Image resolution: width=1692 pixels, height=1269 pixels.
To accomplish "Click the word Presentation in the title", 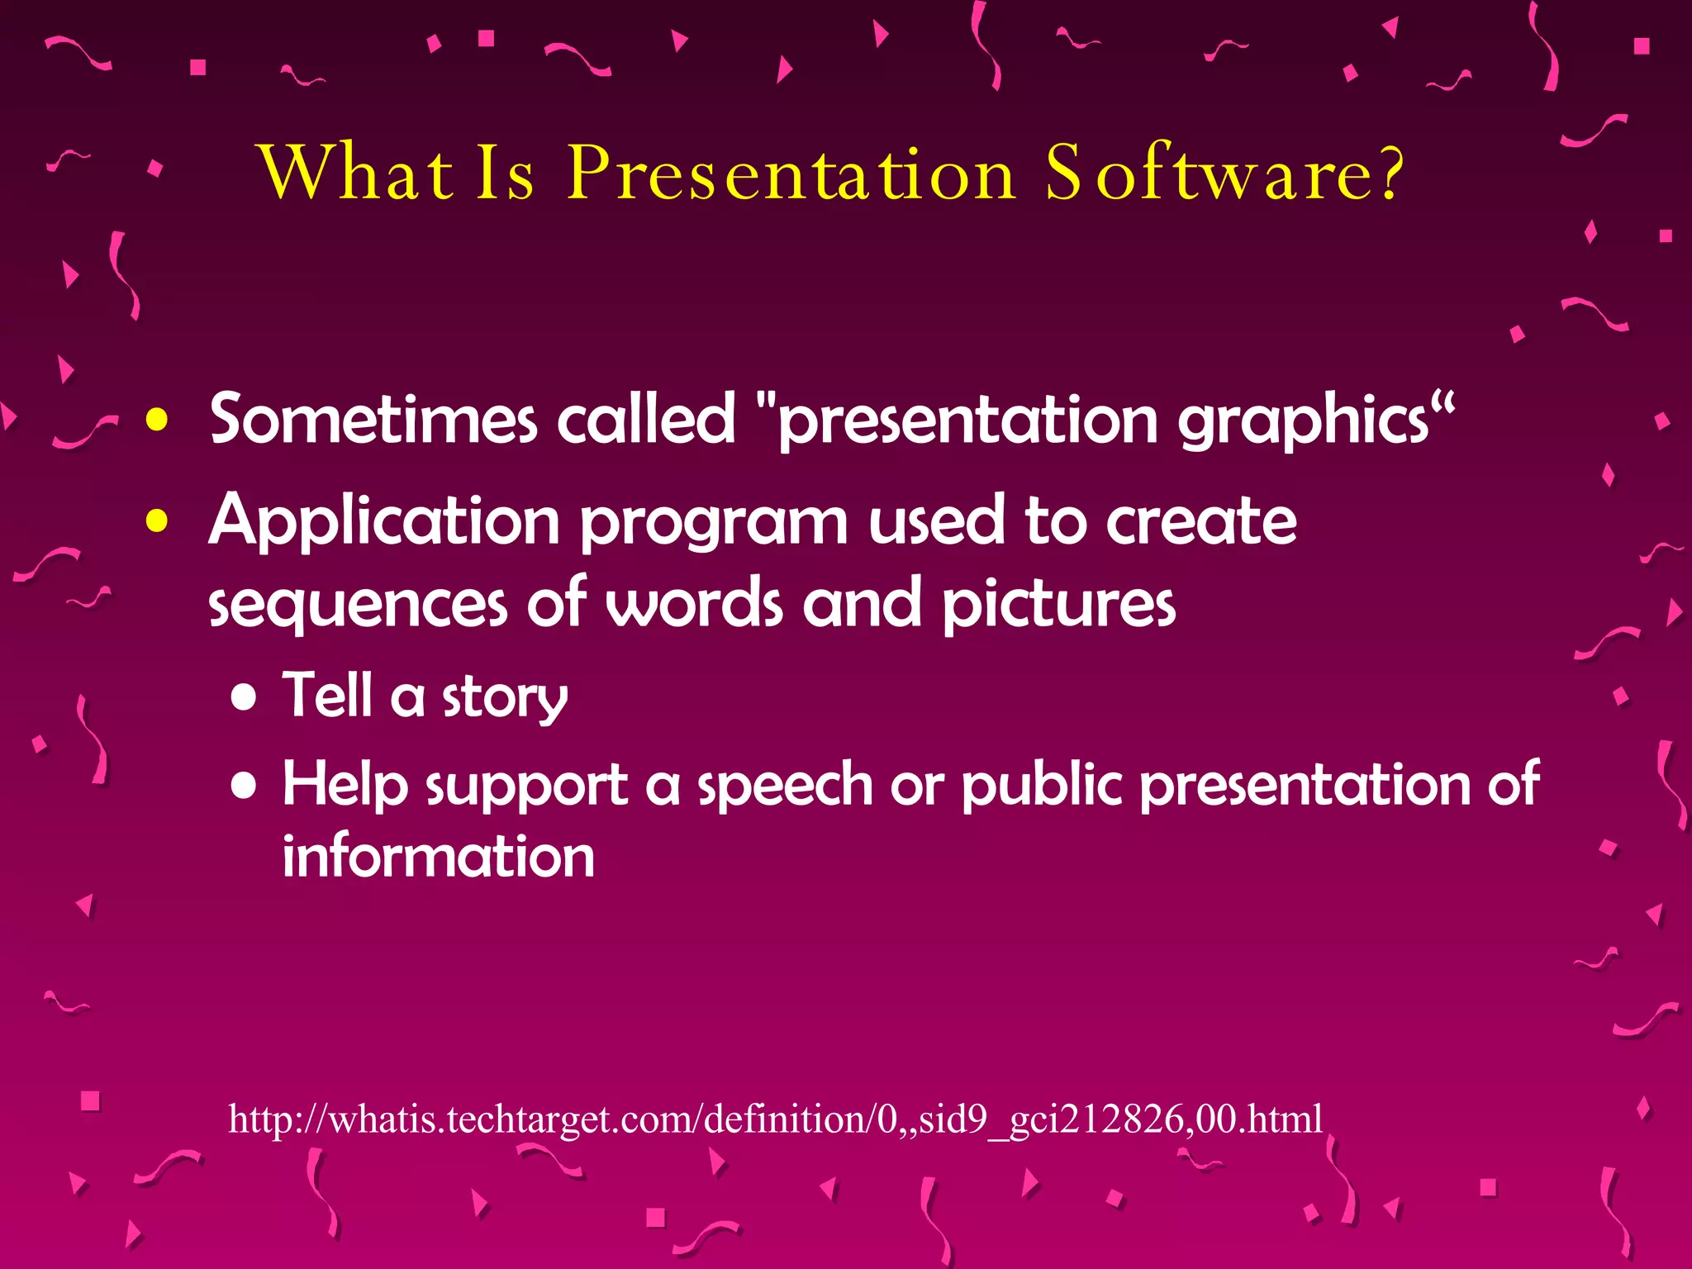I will click(x=791, y=173).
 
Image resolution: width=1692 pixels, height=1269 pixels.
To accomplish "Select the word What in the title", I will click(x=357, y=173).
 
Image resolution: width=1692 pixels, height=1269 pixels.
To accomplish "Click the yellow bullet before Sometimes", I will click(x=157, y=420).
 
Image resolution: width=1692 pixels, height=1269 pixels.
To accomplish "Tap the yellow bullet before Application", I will click(x=157, y=521).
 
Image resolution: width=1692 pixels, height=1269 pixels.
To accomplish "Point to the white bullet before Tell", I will click(x=245, y=698).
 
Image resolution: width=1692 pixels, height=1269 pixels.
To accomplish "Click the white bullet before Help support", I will click(x=245, y=786).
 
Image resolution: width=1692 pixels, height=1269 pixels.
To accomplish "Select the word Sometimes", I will click(x=373, y=420).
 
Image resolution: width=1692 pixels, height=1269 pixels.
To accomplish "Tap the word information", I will click(x=438, y=857).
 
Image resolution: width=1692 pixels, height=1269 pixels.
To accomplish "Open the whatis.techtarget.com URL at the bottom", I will click(x=775, y=1119).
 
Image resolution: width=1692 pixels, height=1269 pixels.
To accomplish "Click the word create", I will click(x=1201, y=521).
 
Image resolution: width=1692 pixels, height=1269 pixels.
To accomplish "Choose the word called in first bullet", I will click(x=645, y=420).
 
